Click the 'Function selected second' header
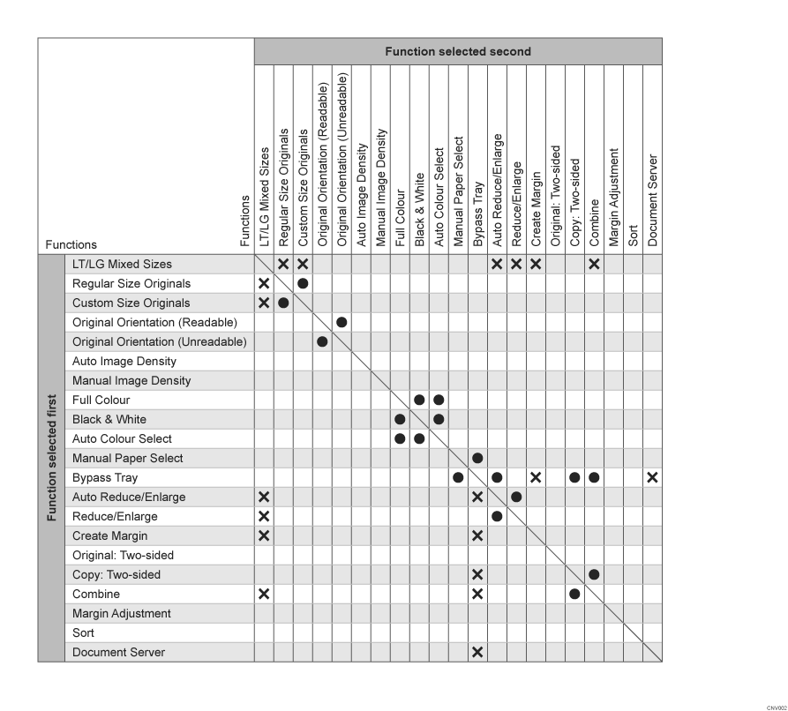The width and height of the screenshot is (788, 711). point(457,51)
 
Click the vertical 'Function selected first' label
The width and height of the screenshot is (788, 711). point(51,457)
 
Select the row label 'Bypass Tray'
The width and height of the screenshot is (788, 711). point(104,477)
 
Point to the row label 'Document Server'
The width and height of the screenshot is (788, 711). point(118,652)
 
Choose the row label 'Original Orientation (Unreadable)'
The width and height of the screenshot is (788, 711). point(159,341)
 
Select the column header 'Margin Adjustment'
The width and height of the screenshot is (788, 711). point(613,197)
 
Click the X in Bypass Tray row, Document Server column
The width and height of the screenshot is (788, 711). point(652,477)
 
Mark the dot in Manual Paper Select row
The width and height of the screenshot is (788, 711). point(477,458)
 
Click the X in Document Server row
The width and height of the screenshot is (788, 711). point(477,652)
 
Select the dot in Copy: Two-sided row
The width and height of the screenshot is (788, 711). point(594,574)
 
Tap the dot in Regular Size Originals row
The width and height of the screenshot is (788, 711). point(303,283)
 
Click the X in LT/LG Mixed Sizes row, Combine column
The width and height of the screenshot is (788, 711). point(594,264)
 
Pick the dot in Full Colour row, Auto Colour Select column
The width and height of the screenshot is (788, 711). point(439,400)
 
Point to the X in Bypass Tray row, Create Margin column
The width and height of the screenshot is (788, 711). point(536,477)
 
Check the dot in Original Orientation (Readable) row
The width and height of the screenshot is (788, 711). point(341,322)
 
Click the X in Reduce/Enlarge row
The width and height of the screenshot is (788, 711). point(263,516)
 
